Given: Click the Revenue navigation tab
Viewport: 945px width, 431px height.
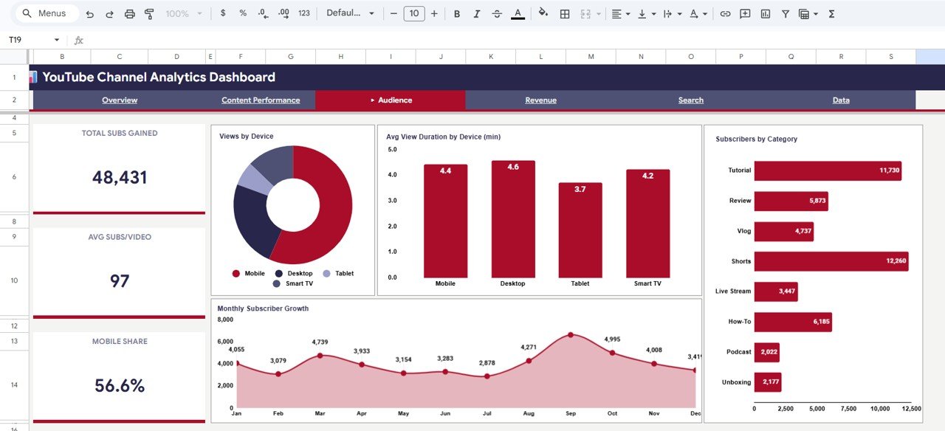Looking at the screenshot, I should tap(540, 100).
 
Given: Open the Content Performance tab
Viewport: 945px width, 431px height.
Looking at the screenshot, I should tap(261, 100).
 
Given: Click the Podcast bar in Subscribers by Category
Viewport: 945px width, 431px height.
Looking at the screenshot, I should tap(766, 352).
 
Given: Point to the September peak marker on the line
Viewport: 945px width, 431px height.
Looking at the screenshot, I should tap(571, 335).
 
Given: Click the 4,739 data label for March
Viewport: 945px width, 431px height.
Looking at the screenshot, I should tap(320, 342).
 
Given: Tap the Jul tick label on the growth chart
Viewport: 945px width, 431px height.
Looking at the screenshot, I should tap(487, 414).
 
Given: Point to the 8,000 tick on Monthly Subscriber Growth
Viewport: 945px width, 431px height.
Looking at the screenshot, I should tap(225, 320).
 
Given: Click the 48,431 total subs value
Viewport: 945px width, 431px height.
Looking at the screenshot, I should tap(120, 177).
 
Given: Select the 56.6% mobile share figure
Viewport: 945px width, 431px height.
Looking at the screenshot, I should tap(120, 385).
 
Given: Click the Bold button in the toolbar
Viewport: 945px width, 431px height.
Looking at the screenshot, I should tap(457, 14).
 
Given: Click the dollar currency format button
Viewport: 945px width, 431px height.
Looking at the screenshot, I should tap(223, 14).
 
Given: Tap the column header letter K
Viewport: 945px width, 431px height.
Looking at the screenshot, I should tap(491, 57).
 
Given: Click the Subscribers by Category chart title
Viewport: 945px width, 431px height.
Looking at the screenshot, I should tap(756, 139).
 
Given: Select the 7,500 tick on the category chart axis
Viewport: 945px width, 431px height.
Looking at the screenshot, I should tap(849, 409).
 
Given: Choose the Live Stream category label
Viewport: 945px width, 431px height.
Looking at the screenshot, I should tap(732, 292).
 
